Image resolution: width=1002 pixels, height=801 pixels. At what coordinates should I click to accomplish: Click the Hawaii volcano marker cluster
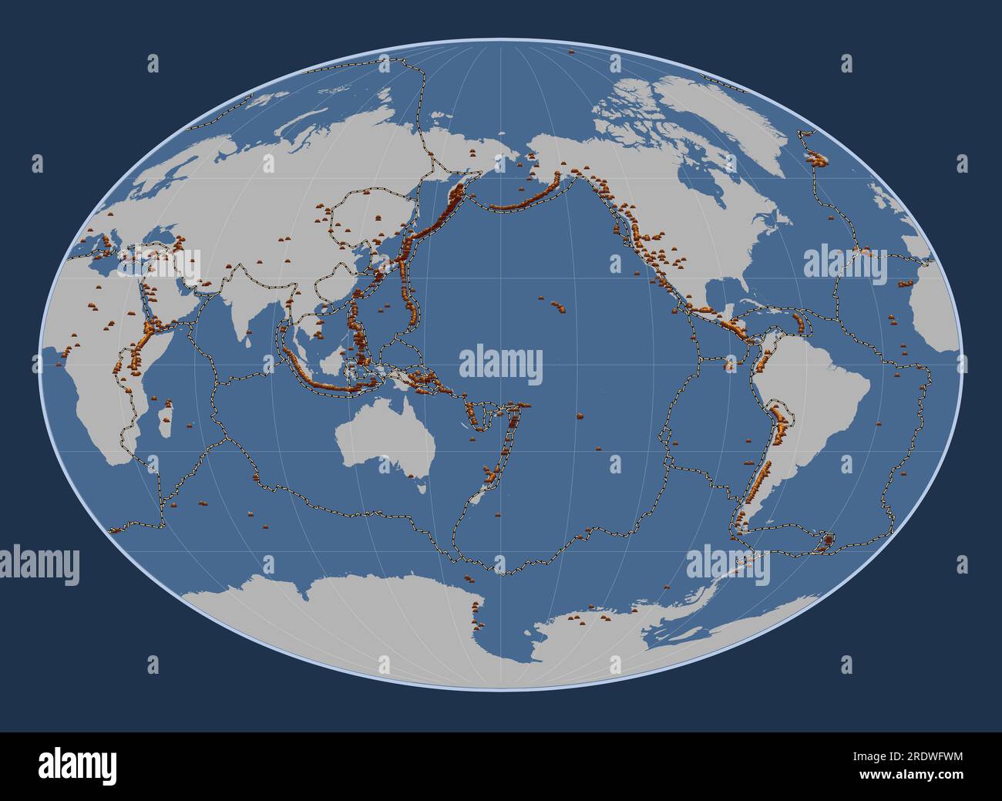(556, 306)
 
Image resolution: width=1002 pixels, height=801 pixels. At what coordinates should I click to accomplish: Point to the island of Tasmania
(421, 486)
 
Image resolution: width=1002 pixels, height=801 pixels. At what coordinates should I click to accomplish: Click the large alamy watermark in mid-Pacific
(501, 365)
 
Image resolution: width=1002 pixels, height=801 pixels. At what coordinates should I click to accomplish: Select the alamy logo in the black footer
(77, 766)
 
